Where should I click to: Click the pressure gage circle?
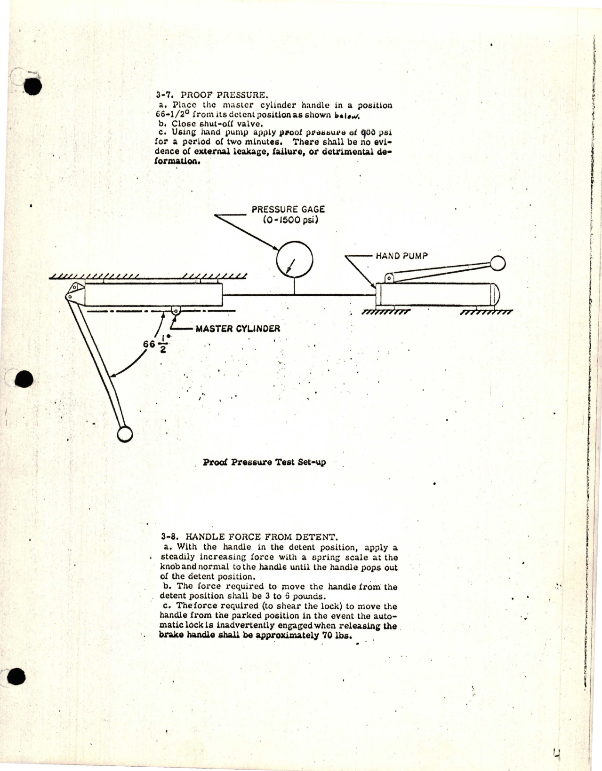click(295, 260)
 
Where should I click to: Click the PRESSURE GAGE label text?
click(288, 210)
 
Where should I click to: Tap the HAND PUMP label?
click(401, 256)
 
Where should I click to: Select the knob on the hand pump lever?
click(498, 263)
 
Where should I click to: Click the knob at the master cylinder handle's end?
click(124, 434)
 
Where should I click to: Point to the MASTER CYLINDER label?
click(238, 328)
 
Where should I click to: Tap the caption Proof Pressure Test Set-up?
click(264, 462)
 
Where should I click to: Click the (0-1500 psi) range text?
click(291, 220)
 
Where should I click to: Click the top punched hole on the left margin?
click(32, 86)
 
